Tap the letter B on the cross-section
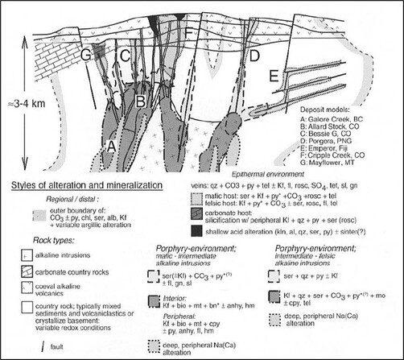(x=140, y=102)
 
